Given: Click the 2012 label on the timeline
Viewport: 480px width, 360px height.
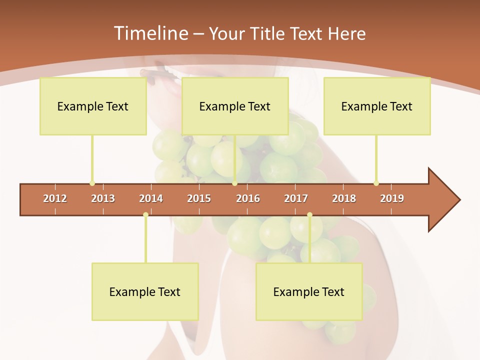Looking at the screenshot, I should [x=55, y=198].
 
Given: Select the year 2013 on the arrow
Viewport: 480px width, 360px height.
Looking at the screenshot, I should [x=103, y=198].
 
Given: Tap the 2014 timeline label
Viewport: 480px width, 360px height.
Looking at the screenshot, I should [x=151, y=198].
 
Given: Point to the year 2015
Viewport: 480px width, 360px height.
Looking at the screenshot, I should [x=199, y=198].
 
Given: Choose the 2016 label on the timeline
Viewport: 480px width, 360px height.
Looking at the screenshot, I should [x=248, y=198].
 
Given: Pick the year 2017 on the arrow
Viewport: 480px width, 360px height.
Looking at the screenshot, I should [x=296, y=198].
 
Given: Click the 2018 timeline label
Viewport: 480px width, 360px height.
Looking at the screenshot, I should [x=344, y=198].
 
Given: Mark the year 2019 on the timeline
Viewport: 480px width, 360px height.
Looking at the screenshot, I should [x=392, y=198].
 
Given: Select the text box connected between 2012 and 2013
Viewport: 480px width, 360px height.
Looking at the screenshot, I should [x=93, y=106].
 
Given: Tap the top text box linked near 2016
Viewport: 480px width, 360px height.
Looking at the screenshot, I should [x=235, y=106].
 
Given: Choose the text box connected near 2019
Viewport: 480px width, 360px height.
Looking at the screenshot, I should [x=377, y=106].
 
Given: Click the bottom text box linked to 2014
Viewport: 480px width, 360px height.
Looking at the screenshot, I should [x=145, y=291].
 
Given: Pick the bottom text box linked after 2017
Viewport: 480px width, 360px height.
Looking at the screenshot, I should [x=309, y=291].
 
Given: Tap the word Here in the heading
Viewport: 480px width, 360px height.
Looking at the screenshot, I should [x=346, y=33].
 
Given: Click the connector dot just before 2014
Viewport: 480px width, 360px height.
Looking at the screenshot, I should [x=145, y=214].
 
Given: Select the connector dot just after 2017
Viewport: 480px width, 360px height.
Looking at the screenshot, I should [x=309, y=214].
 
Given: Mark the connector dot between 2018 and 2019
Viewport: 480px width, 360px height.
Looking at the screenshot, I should [x=376, y=183].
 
